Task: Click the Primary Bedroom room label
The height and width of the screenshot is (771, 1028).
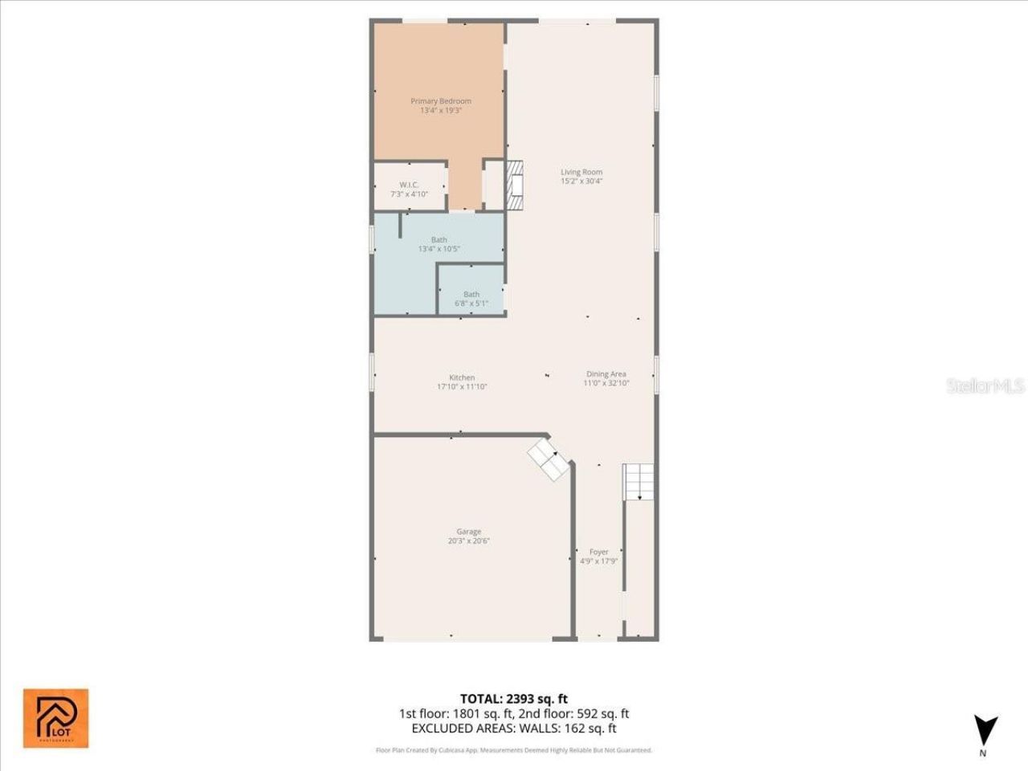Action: tap(441, 101)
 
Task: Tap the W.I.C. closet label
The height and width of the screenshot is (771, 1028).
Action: tap(409, 185)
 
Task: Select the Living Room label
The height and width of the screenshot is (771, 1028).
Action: tap(581, 172)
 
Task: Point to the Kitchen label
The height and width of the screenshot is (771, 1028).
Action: tap(462, 377)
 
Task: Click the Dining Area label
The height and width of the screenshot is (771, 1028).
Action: tap(606, 374)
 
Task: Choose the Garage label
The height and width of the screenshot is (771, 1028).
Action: tap(469, 532)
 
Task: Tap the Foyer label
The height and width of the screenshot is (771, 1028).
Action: tap(599, 552)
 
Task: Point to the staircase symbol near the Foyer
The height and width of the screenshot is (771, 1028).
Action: tap(639, 481)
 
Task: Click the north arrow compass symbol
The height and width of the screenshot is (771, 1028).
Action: tap(985, 730)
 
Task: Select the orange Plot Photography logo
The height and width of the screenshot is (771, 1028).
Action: tap(55, 718)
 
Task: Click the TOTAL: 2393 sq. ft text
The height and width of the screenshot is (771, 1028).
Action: tap(514, 699)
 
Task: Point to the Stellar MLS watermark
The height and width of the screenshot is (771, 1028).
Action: tap(985, 385)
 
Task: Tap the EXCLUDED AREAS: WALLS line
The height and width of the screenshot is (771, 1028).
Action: tap(514, 728)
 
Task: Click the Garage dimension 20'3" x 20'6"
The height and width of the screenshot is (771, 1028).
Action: tap(469, 541)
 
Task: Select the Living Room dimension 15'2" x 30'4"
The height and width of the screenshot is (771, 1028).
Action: tap(581, 182)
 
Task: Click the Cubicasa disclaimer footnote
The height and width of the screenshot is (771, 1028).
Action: tap(514, 750)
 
